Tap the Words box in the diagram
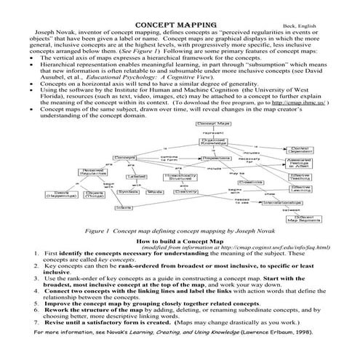pos(153,192)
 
